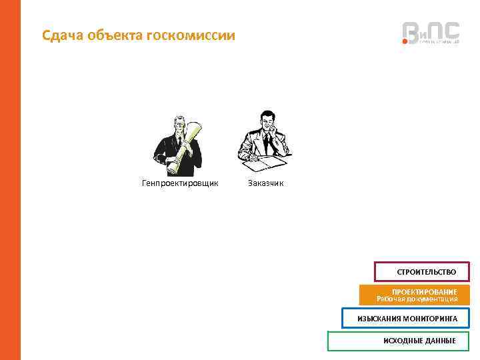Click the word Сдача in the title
pyautogui.click(x=62, y=35)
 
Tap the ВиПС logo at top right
pyautogui.click(x=430, y=33)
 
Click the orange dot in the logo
pyautogui.click(x=405, y=42)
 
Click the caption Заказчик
pyautogui.click(x=265, y=183)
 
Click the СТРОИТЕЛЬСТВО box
pyautogui.click(x=422, y=272)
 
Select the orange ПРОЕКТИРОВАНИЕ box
pyautogui.click(x=414, y=295)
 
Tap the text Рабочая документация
pyautogui.click(x=417, y=299)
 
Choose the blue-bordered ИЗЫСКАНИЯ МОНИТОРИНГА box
pyautogui.click(x=405, y=319)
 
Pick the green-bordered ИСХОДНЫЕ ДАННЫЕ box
pyautogui.click(x=398, y=341)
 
